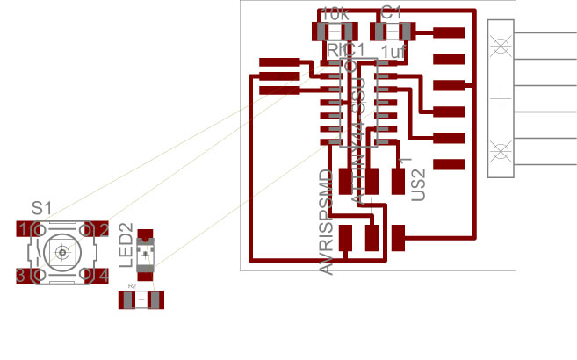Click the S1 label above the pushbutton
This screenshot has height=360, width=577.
[x=41, y=208]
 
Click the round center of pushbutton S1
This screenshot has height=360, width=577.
[x=62, y=253]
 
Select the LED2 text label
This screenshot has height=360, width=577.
[x=126, y=245]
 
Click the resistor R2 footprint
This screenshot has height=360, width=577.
[x=141, y=300]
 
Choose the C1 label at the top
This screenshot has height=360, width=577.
[x=392, y=13]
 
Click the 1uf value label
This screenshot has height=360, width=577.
[x=393, y=54]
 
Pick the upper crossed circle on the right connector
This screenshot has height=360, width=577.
[x=501, y=44]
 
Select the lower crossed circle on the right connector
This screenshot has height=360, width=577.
[x=501, y=150]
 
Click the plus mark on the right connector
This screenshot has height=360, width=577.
[x=501, y=97]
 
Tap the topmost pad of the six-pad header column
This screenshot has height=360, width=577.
[x=449, y=33]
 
